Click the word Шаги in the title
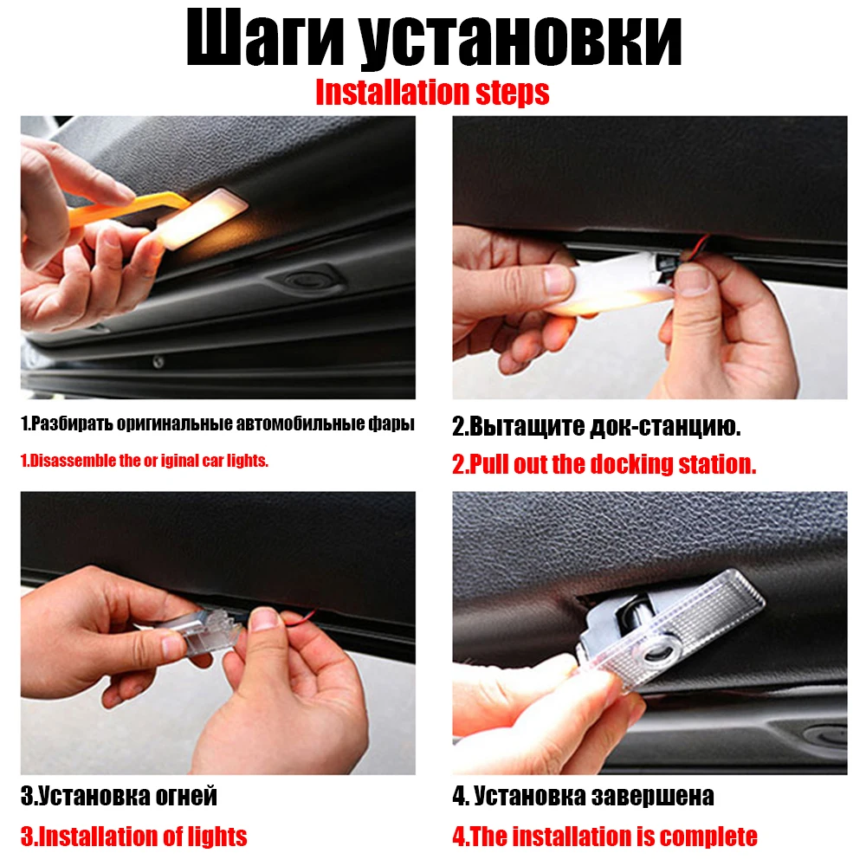tap(263, 41)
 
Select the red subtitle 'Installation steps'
tap(432, 92)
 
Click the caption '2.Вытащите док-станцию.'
tap(597, 426)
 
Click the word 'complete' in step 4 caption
tap(708, 837)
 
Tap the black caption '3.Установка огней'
tap(119, 795)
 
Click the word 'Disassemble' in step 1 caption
tap(74, 461)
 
